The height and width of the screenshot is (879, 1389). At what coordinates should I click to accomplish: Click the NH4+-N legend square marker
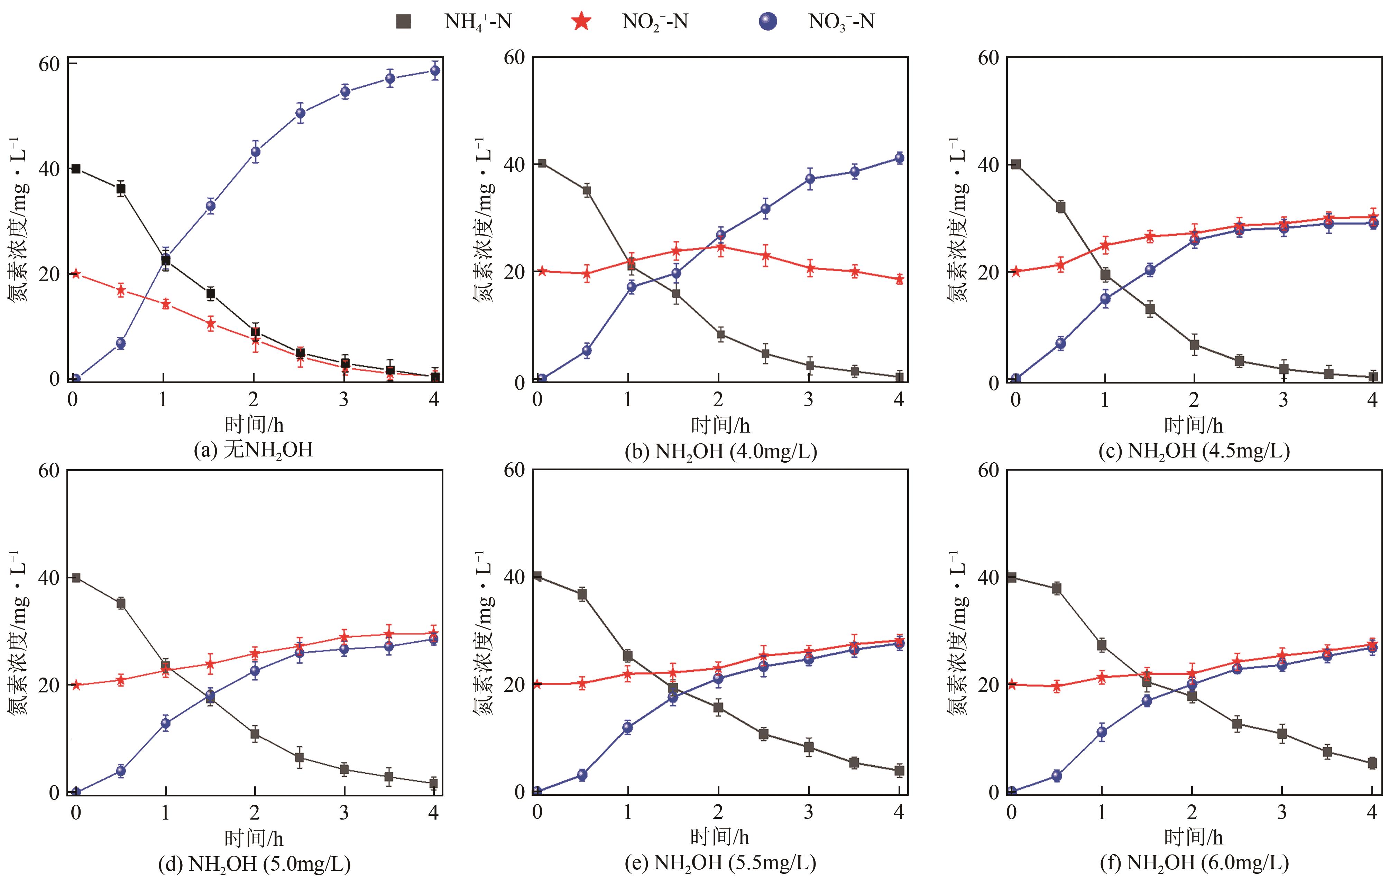pos(404,22)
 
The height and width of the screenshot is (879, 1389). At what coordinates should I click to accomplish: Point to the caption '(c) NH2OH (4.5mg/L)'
pos(1194,451)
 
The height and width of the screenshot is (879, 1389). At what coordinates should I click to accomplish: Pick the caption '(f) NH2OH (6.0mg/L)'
pos(1194,863)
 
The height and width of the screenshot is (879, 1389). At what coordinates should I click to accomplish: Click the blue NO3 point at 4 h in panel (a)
pos(435,71)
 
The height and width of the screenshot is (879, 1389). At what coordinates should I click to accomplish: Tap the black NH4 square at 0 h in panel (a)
pos(75,169)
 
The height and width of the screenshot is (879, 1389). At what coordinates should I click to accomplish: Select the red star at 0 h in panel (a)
pos(75,274)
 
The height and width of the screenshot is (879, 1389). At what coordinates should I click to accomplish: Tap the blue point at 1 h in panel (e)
pos(628,727)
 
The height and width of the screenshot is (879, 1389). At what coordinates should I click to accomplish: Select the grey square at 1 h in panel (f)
pos(1102,645)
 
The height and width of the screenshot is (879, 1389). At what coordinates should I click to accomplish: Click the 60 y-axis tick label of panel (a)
pos(49,65)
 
